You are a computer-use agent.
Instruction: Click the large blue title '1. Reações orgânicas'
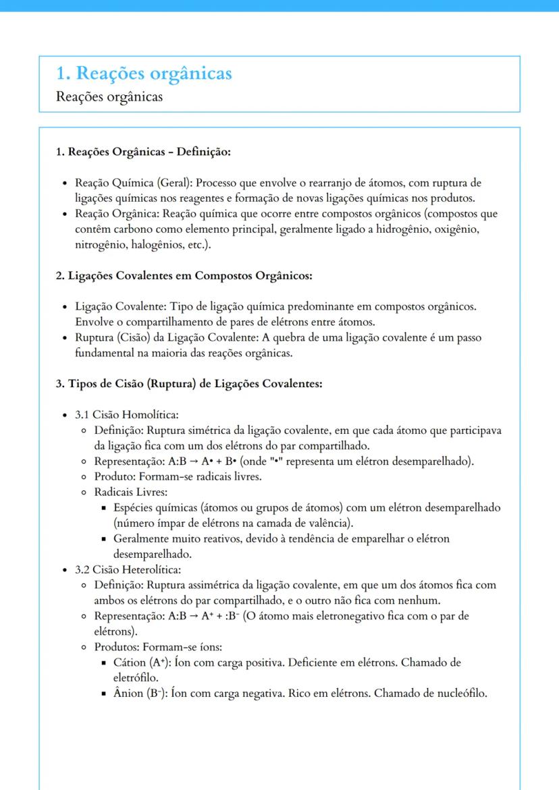pos(144,73)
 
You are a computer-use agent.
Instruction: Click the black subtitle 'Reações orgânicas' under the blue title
pos(109,96)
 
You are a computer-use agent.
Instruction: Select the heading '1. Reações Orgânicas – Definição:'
pos(143,152)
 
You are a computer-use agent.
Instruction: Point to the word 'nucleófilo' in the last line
pos(458,694)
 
